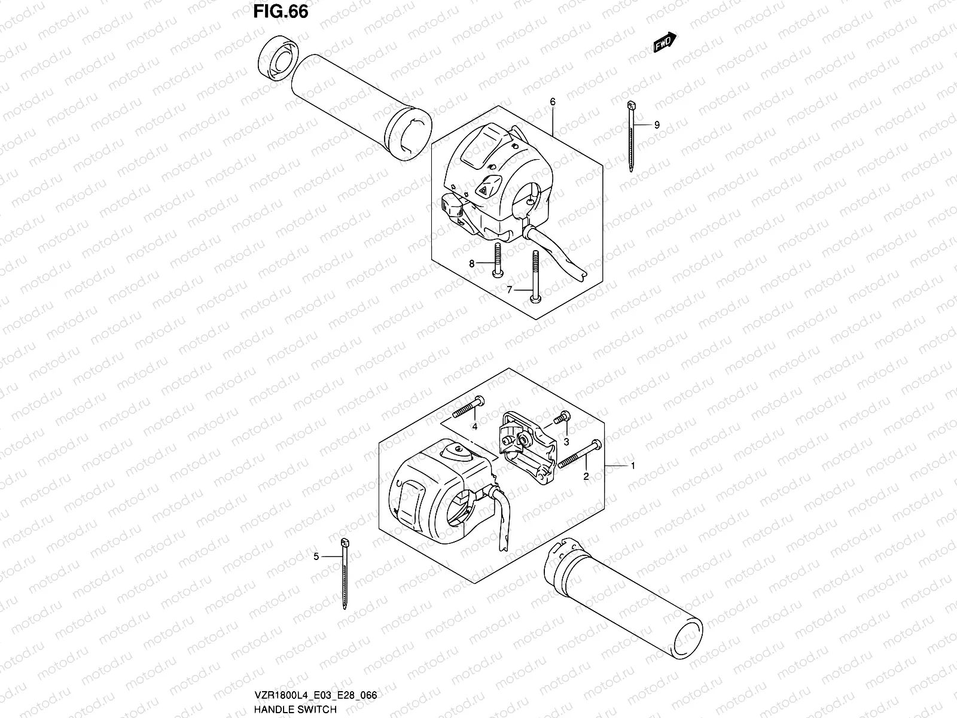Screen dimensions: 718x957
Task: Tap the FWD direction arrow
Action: [x=665, y=43]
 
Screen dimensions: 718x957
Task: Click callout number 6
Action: [x=553, y=102]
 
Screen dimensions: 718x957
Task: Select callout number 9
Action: [x=657, y=125]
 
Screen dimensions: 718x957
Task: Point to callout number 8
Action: [x=472, y=263]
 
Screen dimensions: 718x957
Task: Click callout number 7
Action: [x=510, y=290]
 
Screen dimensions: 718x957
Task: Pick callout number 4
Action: [x=474, y=427]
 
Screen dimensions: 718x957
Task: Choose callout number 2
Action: [x=586, y=476]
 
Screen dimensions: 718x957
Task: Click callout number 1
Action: [x=633, y=465]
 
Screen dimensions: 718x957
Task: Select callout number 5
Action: [x=316, y=557]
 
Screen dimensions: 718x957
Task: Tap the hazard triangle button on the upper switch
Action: [x=483, y=188]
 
